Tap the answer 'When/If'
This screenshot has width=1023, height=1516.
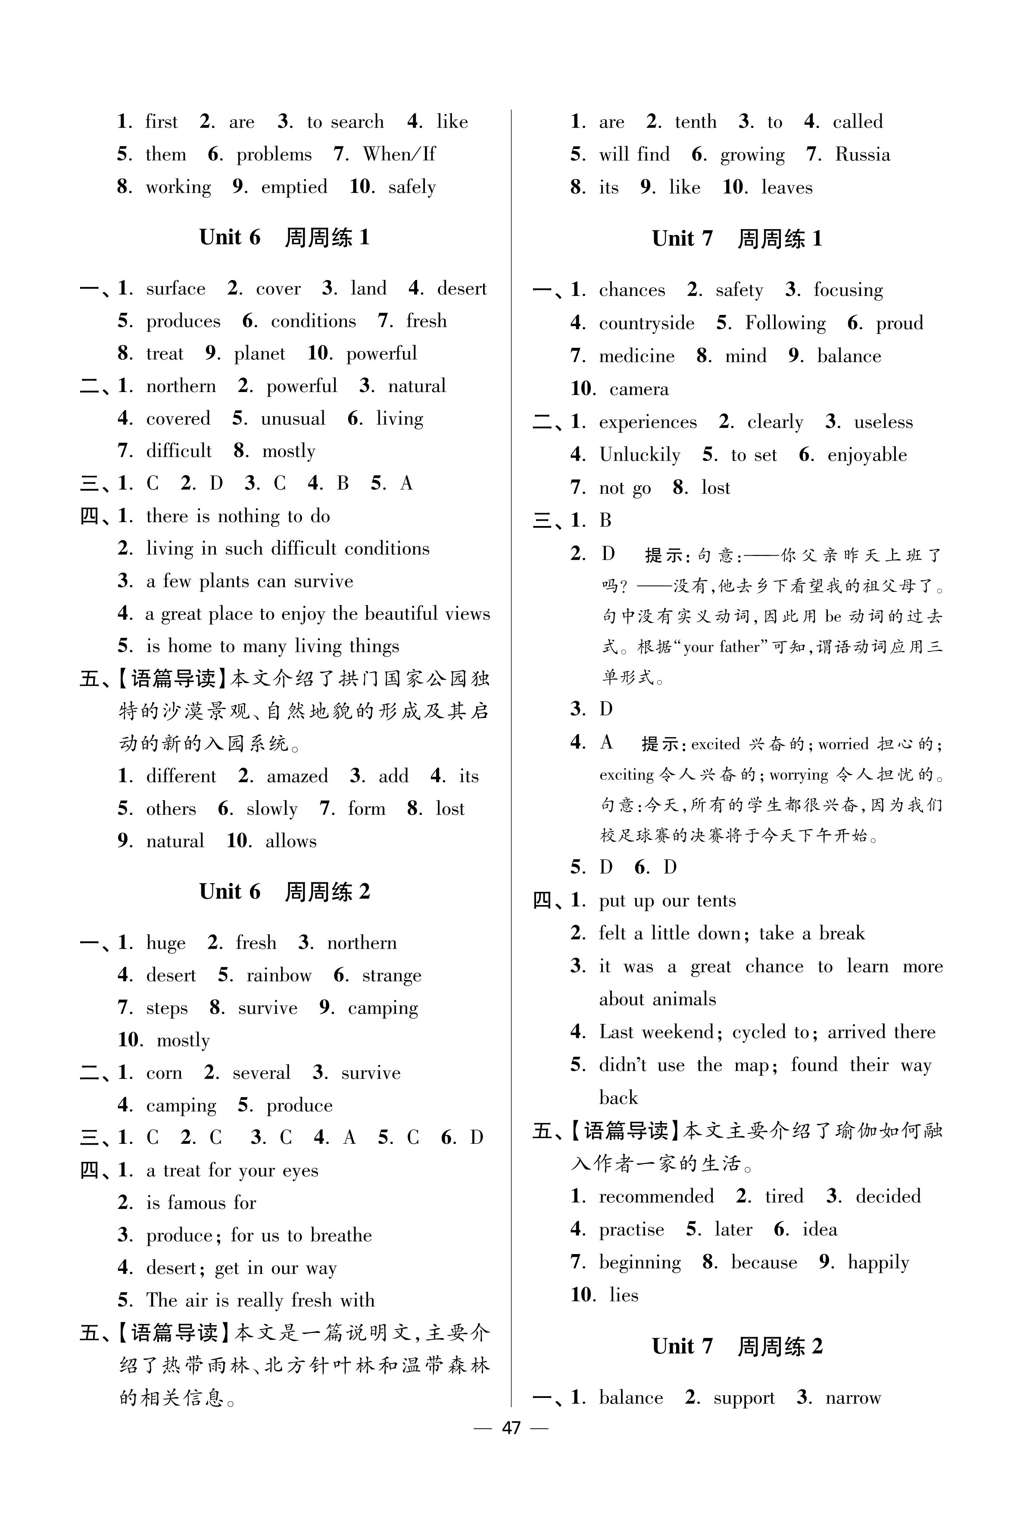pyautogui.click(x=399, y=155)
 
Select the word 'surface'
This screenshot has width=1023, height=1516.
pyautogui.click(x=175, y=289)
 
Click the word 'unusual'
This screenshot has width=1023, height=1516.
pyautogui.click(x=293, y=419)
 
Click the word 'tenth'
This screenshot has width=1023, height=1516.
pyautogui.click(x=696, y=122)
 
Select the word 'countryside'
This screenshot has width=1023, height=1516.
pyautogui.click(x=646, y=324)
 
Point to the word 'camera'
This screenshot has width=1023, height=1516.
pyautogui.click(x=639, y=389)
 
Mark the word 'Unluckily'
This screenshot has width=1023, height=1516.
pyautogui.click(x=639, y=454)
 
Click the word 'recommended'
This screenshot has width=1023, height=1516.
pyautogui.click(x=656, y=1196)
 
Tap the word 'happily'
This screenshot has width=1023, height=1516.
pyautogui.click(x=878, y=1262)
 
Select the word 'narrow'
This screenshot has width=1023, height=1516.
pyautogui.click(x=853, y=1398)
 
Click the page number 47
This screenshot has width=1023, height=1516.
pyautogui.click(x=511, y=1428)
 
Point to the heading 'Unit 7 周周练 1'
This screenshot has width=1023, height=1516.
pyautogui.click(x=737, y=239)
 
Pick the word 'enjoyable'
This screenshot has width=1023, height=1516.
pyautogui.click(x=867, y=454)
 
